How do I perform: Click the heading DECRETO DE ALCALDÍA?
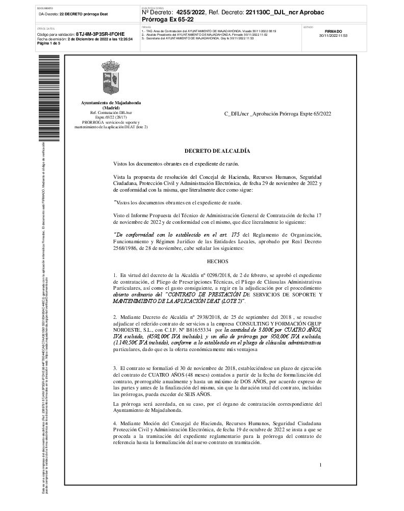click(x=217, y=151)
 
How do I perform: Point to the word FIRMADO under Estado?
click(x=333, y=32)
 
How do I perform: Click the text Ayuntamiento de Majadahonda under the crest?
click(x=111, y=103)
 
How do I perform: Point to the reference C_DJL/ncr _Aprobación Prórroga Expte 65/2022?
click(x=277, y=113)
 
